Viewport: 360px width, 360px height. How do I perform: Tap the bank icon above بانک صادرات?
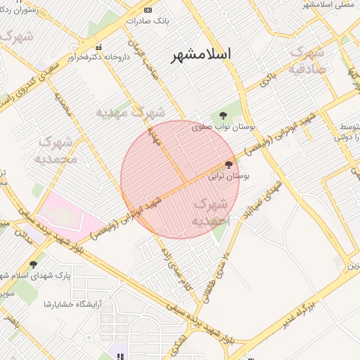pos(147,10)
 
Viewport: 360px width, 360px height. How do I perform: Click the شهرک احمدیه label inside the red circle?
pos(210,212)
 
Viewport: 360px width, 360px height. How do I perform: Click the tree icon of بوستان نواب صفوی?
pos(223,115)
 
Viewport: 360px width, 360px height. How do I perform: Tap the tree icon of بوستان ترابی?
pos(229,165)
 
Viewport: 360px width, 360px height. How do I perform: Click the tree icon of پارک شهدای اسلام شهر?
pos(33,264)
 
